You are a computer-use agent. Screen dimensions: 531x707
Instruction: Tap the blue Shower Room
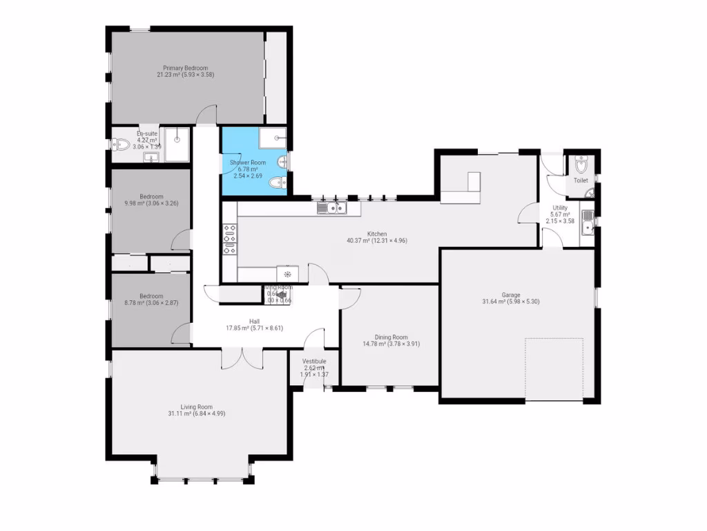tap(246, 169)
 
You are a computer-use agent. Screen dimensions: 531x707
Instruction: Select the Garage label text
tap(512, 295)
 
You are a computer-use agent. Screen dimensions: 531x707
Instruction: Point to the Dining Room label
tap(391, 337)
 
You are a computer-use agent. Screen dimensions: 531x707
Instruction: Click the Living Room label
tap(196, 407)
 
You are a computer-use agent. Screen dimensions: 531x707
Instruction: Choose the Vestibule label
tap(314, 362)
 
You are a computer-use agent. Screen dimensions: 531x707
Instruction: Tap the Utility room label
tap(560, 207)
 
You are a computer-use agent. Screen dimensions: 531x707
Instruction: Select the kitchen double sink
tap(331, 207)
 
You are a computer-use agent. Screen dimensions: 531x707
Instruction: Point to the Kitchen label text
tap(377, 234)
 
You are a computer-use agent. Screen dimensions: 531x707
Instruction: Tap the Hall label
tap(254, 321)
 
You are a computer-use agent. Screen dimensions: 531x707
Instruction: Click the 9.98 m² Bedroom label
tap(151, 196)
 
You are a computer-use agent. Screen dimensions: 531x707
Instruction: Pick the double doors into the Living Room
tap(242, 358)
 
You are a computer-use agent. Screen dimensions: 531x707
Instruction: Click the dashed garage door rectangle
tap(554, 368)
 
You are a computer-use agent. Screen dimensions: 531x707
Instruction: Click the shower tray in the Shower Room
tap(275, 138)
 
